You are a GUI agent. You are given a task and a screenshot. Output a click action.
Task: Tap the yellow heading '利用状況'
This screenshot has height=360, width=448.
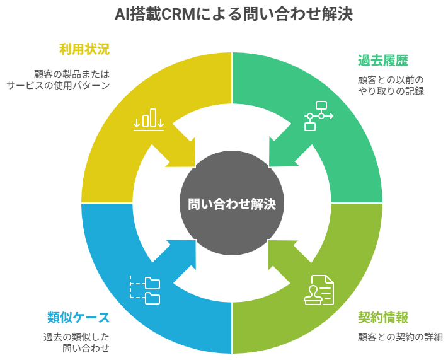pos(84,49)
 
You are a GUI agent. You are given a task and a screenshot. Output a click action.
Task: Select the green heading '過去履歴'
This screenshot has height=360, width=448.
pos(382,61)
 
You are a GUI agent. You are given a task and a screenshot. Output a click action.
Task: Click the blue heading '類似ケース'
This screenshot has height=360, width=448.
pos(78,316)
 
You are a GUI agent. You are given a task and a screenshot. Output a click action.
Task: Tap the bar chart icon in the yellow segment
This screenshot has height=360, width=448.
pos(149,120)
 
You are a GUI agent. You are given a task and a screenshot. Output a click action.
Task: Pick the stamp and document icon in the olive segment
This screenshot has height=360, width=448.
pos(319,290)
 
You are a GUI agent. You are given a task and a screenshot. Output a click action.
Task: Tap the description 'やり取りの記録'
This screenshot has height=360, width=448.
pos(391,91)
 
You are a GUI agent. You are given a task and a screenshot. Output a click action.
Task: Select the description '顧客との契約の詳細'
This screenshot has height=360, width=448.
pos(400,336)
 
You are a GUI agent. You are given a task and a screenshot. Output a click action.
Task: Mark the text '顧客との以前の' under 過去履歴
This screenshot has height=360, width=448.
pos(391,79)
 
